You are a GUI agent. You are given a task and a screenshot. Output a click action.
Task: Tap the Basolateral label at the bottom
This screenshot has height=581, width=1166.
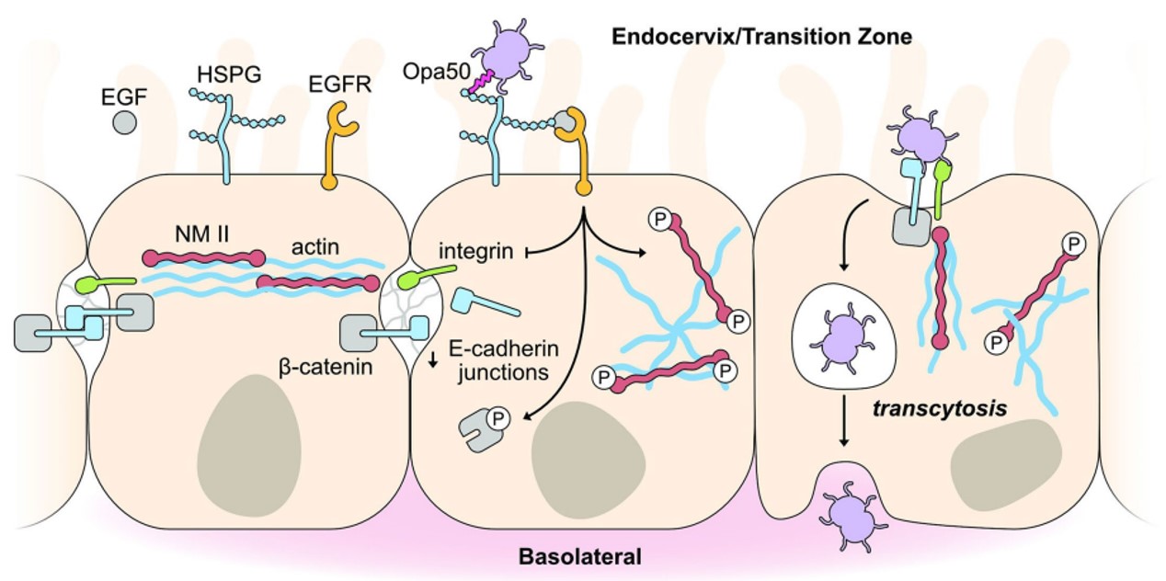tap(579, 556)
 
